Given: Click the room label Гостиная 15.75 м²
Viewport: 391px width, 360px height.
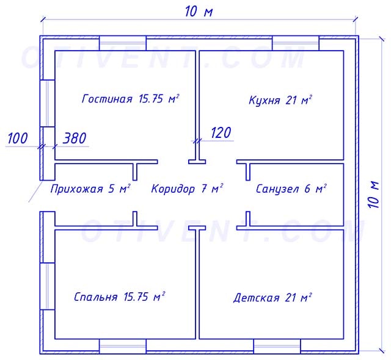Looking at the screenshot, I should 130,99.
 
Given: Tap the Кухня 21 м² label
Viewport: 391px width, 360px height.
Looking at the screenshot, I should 280,100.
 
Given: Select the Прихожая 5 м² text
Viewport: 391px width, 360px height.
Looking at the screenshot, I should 90,189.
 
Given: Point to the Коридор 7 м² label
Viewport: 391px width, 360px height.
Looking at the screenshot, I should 187,189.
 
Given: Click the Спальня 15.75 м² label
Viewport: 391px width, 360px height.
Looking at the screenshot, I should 119,297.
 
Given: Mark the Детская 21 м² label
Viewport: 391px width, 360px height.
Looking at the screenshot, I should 272,298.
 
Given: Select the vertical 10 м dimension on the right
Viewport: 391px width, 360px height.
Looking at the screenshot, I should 374,194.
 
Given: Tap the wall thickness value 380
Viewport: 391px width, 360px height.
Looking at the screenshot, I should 75,139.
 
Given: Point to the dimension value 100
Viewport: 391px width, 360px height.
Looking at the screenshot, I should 18,139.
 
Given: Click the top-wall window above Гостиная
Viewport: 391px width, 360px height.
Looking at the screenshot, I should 123,43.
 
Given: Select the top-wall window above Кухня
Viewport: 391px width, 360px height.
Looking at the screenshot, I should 296,43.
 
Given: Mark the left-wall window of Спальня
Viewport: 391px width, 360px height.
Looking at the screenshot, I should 44,286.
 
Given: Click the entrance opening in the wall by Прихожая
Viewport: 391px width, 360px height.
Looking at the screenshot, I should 44,195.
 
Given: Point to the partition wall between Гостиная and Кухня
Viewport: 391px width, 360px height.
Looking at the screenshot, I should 197,98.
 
